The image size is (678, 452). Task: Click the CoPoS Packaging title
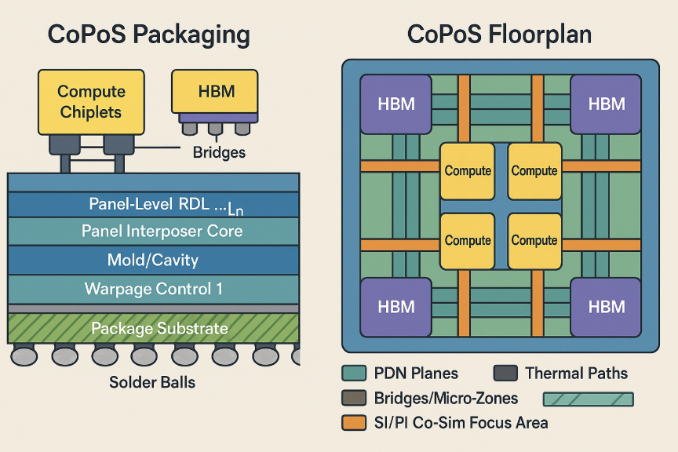[x=149, y=35]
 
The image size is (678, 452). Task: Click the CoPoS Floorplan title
[x=499, y=35]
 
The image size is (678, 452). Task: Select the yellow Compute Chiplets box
[x=91, y=102]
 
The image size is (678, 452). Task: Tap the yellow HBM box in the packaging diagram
[x=213, y=91]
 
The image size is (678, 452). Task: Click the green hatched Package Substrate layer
[x=154, y=328]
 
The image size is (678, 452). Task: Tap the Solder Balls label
[x=152, y=383]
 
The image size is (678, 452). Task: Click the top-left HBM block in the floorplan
[x=396, y=104]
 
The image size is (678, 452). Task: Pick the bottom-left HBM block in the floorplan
[x=396, y=305]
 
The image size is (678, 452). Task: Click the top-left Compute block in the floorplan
[x=468, y=170]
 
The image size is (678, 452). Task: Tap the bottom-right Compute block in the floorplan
[x=534, y=240]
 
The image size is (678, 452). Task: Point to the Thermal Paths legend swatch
[x=505, y=374]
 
